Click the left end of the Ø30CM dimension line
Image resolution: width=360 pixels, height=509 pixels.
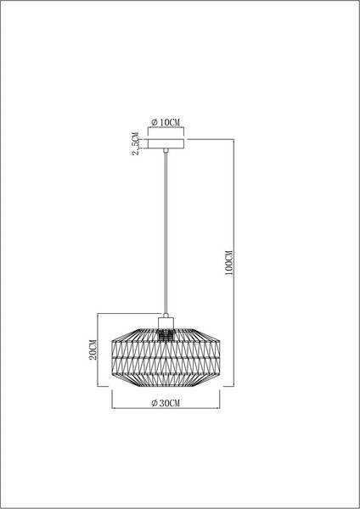pos(114,410)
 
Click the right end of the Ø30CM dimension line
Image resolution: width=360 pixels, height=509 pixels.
pos(222,410)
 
